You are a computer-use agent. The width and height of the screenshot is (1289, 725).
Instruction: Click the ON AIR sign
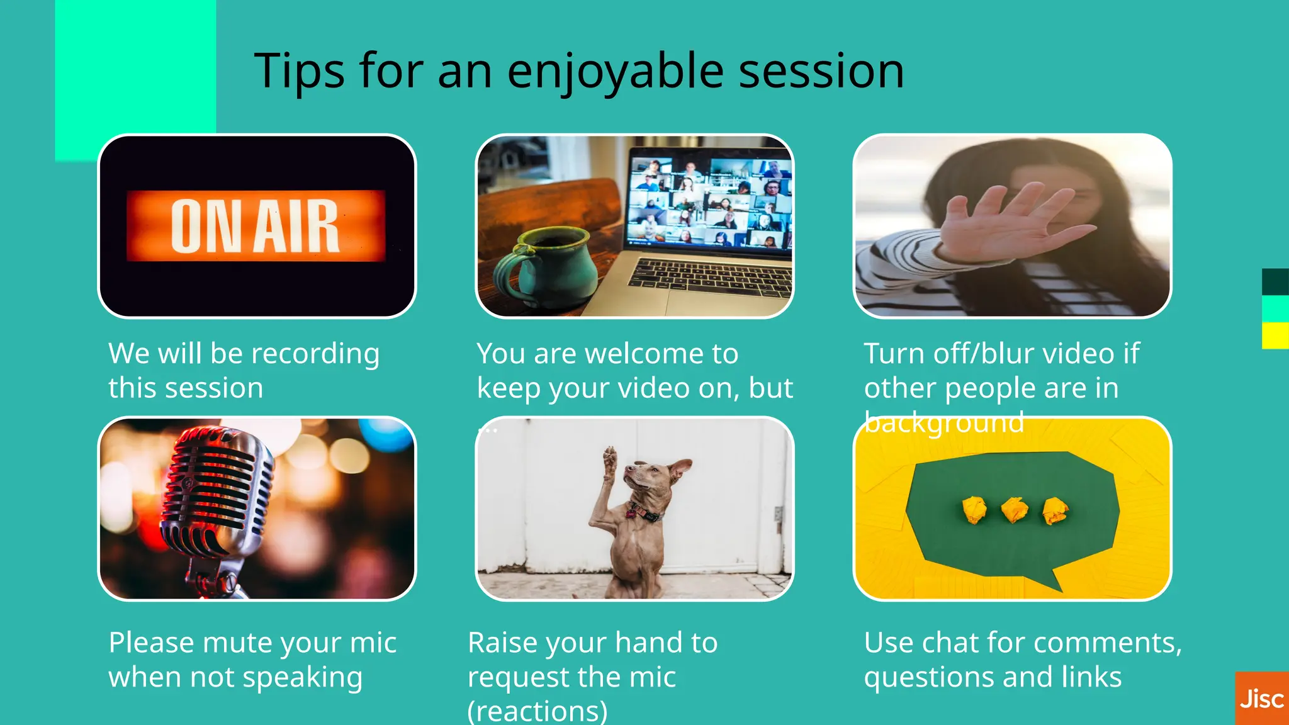[256, 225]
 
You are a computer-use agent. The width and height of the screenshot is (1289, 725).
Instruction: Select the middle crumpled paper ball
[1015, 510]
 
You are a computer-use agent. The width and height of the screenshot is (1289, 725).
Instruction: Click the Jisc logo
[1261, 699]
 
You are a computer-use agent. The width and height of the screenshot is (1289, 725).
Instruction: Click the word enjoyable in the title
[615, 71]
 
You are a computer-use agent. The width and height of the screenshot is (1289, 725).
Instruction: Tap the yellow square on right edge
[1275, 335]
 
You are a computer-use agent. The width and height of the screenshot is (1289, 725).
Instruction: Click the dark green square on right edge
[1275, 281]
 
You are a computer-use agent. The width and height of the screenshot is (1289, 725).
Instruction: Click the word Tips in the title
[299, 71]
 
